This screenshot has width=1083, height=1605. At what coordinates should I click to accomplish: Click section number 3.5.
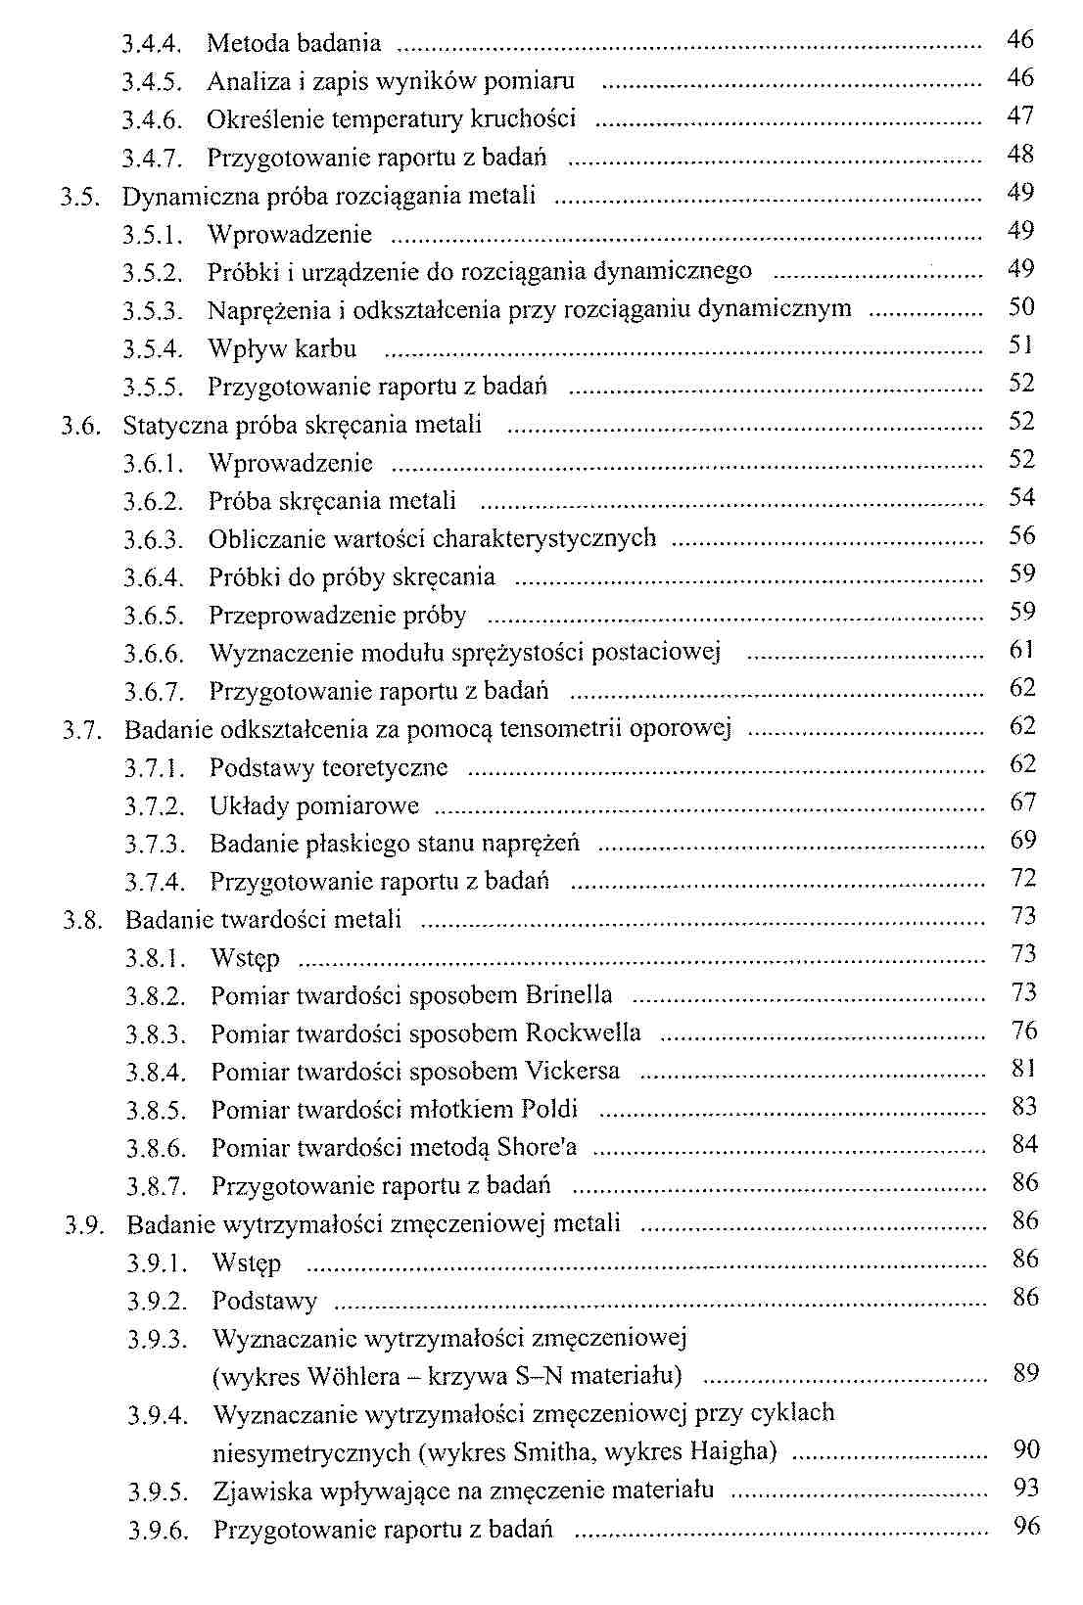point(78,197)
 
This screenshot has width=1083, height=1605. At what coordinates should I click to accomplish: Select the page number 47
point(1020,116)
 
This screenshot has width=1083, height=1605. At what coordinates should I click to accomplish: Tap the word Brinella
point(569,995)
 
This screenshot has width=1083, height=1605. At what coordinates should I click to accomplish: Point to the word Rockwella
point(584,1033)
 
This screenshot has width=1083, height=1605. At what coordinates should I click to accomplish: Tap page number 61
point(1022,650)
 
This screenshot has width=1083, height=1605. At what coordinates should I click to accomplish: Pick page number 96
point(1026,1527)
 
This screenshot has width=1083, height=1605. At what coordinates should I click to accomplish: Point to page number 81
point(1024,1069)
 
